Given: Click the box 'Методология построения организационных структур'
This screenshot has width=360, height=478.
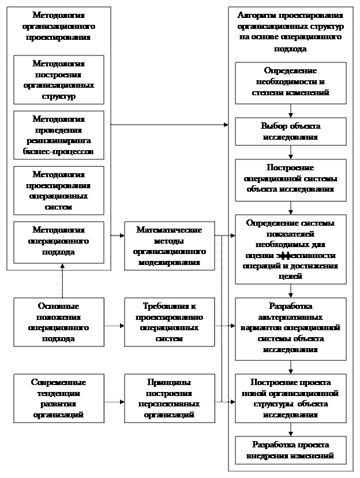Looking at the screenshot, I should click(58, 80).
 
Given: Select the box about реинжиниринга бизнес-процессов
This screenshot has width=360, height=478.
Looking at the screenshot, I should click(58, 136).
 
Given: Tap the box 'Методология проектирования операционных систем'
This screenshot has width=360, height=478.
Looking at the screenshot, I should click(58, 191).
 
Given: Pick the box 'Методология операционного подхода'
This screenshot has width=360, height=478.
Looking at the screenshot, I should click(58, 242).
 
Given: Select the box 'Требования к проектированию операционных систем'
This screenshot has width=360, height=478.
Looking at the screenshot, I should click(169, 322).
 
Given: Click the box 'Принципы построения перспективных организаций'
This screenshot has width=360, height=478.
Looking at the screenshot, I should click(169, 398).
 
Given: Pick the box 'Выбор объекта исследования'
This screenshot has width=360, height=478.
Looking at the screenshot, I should click(291, 132).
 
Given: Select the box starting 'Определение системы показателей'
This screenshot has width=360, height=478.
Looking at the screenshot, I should click(291, 249).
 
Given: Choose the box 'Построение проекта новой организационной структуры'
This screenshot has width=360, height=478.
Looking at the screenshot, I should click(291, 398).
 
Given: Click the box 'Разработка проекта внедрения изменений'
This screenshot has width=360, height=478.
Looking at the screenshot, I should click(291, 450).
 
